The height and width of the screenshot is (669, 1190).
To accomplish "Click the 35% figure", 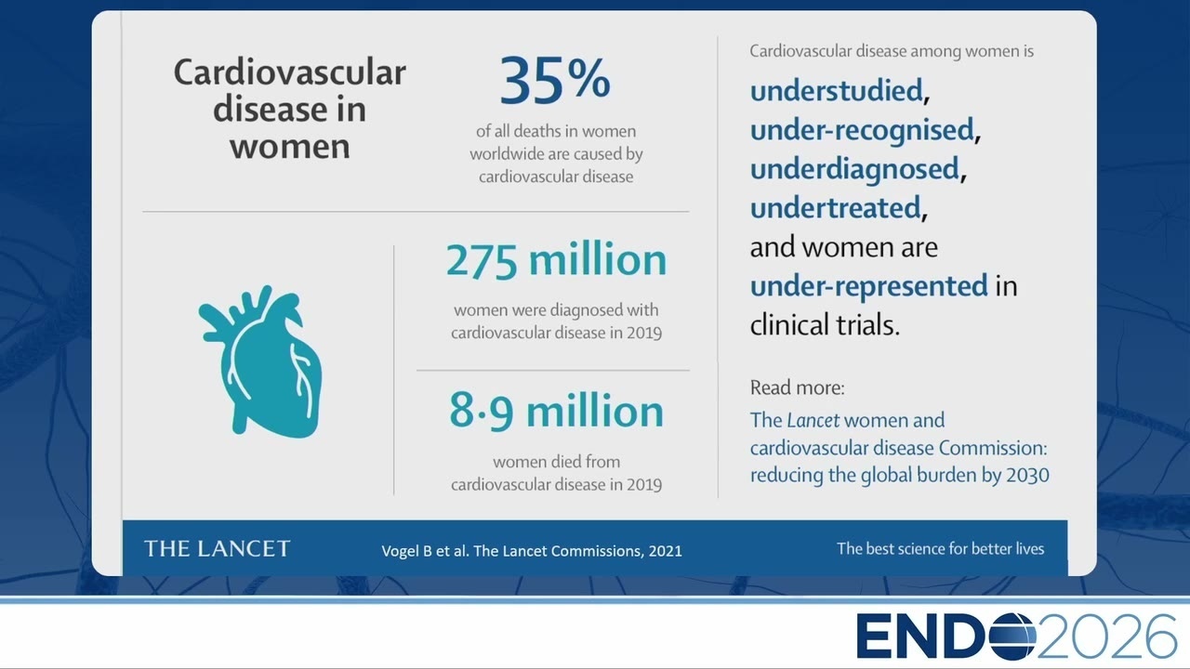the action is click(555, 81).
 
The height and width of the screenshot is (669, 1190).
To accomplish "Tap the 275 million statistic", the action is click(556, 260).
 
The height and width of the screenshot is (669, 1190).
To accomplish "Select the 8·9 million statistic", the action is click(556, 412).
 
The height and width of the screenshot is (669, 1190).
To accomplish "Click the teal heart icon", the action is click(260, 361).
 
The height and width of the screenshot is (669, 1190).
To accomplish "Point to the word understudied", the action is click(836, 90).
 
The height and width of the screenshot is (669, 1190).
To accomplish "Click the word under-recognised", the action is click(862, 129).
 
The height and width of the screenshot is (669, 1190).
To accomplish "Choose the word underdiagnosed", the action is click(854, 169).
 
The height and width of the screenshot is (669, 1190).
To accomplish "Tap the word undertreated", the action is click(835, 207).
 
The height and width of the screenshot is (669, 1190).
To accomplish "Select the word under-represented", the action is click(868, 286).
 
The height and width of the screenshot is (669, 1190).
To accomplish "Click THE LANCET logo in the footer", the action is click(218, 549).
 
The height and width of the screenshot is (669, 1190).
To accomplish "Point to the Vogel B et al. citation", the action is click(531, 551).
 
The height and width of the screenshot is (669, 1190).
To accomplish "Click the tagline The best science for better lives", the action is click(940, 548).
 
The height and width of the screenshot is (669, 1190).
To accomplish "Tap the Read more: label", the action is click(797, 387).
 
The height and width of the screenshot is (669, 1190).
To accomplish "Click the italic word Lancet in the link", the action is click(813, 421).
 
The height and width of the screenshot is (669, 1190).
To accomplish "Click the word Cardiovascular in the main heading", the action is click(289, 72).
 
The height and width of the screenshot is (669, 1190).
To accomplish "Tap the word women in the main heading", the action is click(289, 147).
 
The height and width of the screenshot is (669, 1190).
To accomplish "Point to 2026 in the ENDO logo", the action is click(1106, 636).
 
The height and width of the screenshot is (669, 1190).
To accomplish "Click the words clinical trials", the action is click(825, 325).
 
